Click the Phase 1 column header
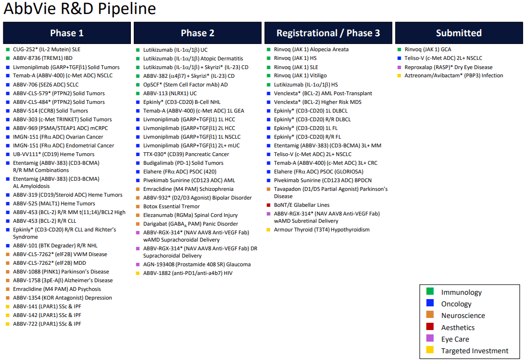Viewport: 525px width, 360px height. pos(67,33)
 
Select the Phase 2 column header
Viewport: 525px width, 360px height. pos(198,33)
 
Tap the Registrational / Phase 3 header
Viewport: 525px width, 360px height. pos(328,33)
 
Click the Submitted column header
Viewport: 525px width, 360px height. pos(459,33)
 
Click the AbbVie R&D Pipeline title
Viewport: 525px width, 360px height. pos(80,8)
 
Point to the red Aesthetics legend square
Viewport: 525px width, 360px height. pos(430,327)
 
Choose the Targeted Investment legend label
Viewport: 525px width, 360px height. pos(474,351)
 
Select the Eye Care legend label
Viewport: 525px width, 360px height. pos(455,339)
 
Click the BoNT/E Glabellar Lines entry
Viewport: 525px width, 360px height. pos(301,205)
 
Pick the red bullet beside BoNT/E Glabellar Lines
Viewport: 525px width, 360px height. pos(269,205)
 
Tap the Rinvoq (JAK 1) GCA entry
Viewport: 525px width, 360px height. pos(427,49)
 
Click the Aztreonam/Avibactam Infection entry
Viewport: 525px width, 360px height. pos(454,75)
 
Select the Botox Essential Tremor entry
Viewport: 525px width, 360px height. pos(171,206)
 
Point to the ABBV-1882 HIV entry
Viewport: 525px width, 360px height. pos(188,273)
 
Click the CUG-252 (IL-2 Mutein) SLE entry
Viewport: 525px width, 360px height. pos(46,49)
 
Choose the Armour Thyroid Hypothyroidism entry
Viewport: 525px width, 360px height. pos(322,230)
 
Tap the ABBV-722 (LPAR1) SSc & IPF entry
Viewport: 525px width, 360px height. pos(47,324)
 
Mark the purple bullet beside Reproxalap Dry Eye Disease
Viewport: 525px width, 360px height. pos(399,67)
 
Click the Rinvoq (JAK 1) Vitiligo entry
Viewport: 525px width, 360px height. pos(300,75)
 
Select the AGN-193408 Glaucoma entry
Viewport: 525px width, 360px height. pos(197,264)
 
